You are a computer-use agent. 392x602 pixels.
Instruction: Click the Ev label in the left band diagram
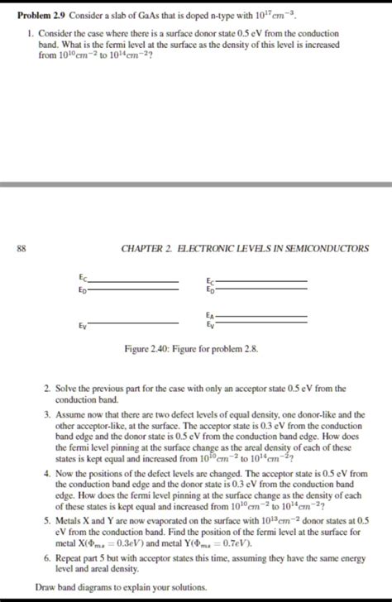[x=82, y=327]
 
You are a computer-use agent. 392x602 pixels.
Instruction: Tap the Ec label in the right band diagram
[x=210, y=281]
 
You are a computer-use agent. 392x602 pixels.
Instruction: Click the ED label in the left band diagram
[x=82, y=289]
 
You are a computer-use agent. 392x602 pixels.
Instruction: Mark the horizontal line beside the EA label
[x=261, y=318]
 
